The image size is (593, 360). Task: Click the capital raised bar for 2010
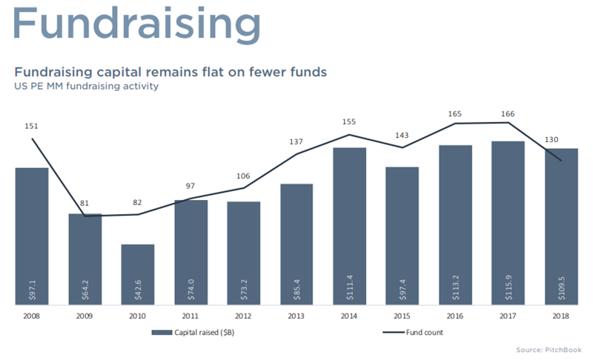(138, 274)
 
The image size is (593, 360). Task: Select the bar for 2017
(508, 223)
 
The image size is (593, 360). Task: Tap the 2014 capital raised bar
(349, 226)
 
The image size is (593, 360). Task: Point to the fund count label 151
(31, 126)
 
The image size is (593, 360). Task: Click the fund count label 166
(508, 114)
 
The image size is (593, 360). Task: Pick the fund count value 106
(243, 176)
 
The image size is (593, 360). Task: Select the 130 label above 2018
(551, 140)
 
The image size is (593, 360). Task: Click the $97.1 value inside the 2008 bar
(32, 290)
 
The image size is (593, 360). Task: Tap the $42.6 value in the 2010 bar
(138, 290)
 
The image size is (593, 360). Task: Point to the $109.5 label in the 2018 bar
(562, 288)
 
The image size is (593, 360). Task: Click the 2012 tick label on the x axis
(243, 316)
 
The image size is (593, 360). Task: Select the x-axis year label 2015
(402, 316)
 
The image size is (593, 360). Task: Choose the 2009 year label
(85, 316)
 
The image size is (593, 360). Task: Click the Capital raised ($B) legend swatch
(162, 333)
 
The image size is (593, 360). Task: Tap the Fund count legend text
(424, 333)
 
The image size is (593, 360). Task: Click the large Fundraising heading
(137, 24)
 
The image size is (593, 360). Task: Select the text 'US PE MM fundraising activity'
(87, 86)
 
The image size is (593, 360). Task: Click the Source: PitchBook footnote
(549, 350)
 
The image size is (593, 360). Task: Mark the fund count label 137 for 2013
(296, 141)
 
